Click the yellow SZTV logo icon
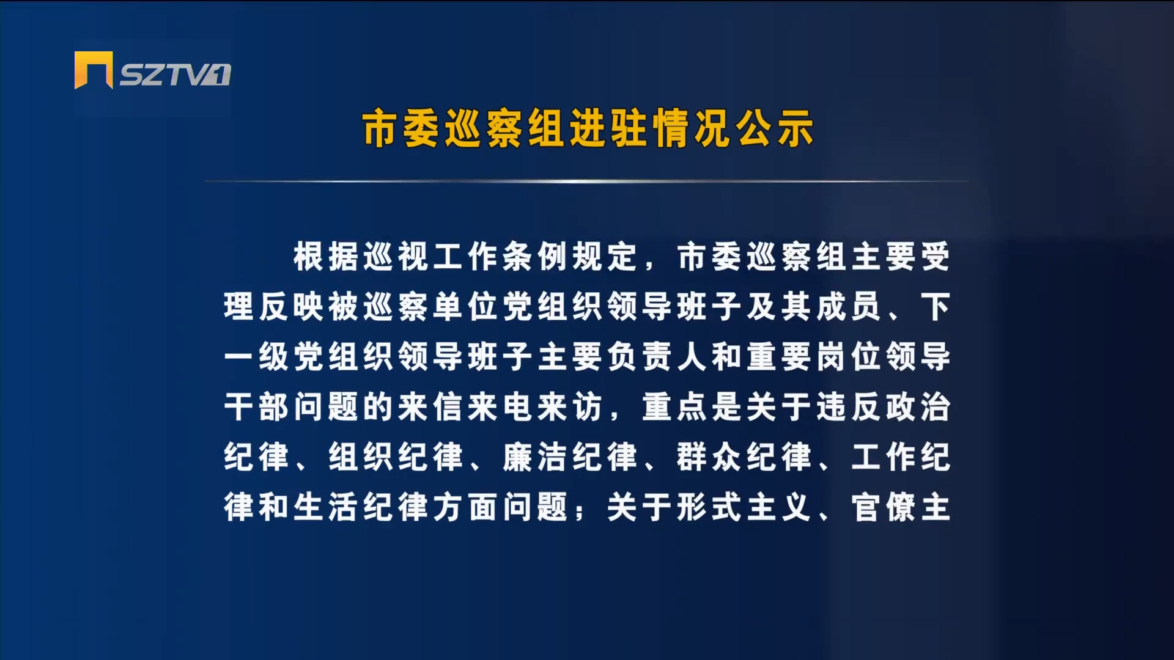coord(94,70)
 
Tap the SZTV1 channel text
coord(175,75)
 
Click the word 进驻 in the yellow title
coord(608,129)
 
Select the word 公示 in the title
coord(774,129)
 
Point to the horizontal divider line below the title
coord(586,181)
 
